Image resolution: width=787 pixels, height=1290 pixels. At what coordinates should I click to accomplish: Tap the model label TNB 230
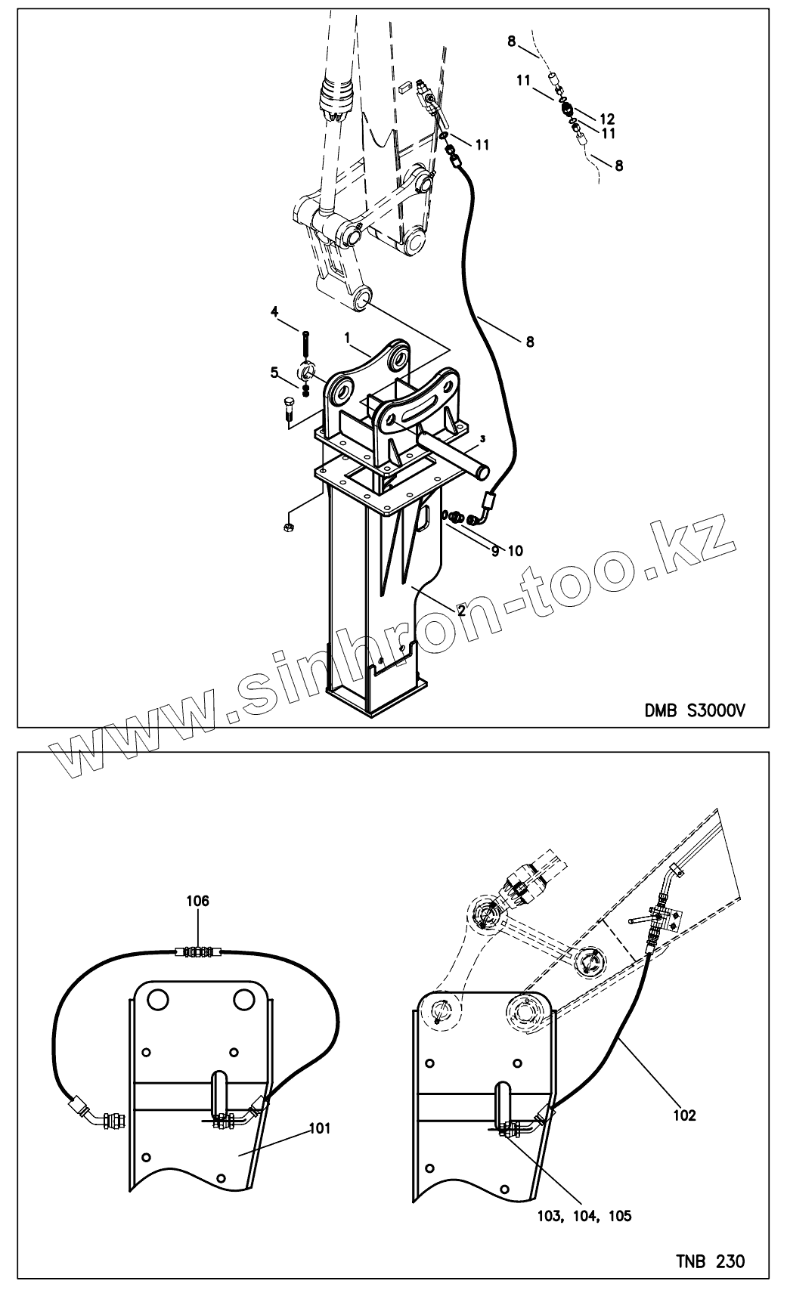709,1261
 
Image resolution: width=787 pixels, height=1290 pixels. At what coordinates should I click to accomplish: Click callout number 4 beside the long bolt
275,311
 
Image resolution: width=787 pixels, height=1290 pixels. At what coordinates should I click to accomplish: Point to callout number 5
275,372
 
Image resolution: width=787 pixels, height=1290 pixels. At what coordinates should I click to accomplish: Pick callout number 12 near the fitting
606,119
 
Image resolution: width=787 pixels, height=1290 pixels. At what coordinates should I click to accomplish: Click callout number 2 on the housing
461,610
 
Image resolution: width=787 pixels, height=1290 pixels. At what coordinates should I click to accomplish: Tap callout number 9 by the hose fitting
495,552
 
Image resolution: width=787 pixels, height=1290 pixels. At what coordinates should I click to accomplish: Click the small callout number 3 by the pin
481,439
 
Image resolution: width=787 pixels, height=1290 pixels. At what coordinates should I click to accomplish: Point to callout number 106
198,901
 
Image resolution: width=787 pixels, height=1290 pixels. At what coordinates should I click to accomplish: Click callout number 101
320,1129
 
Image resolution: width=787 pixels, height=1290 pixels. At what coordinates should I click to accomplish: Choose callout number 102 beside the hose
683,1114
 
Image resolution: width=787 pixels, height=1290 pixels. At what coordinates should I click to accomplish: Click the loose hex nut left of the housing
288,526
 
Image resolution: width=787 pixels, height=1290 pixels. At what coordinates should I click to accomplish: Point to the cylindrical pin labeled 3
449,457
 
